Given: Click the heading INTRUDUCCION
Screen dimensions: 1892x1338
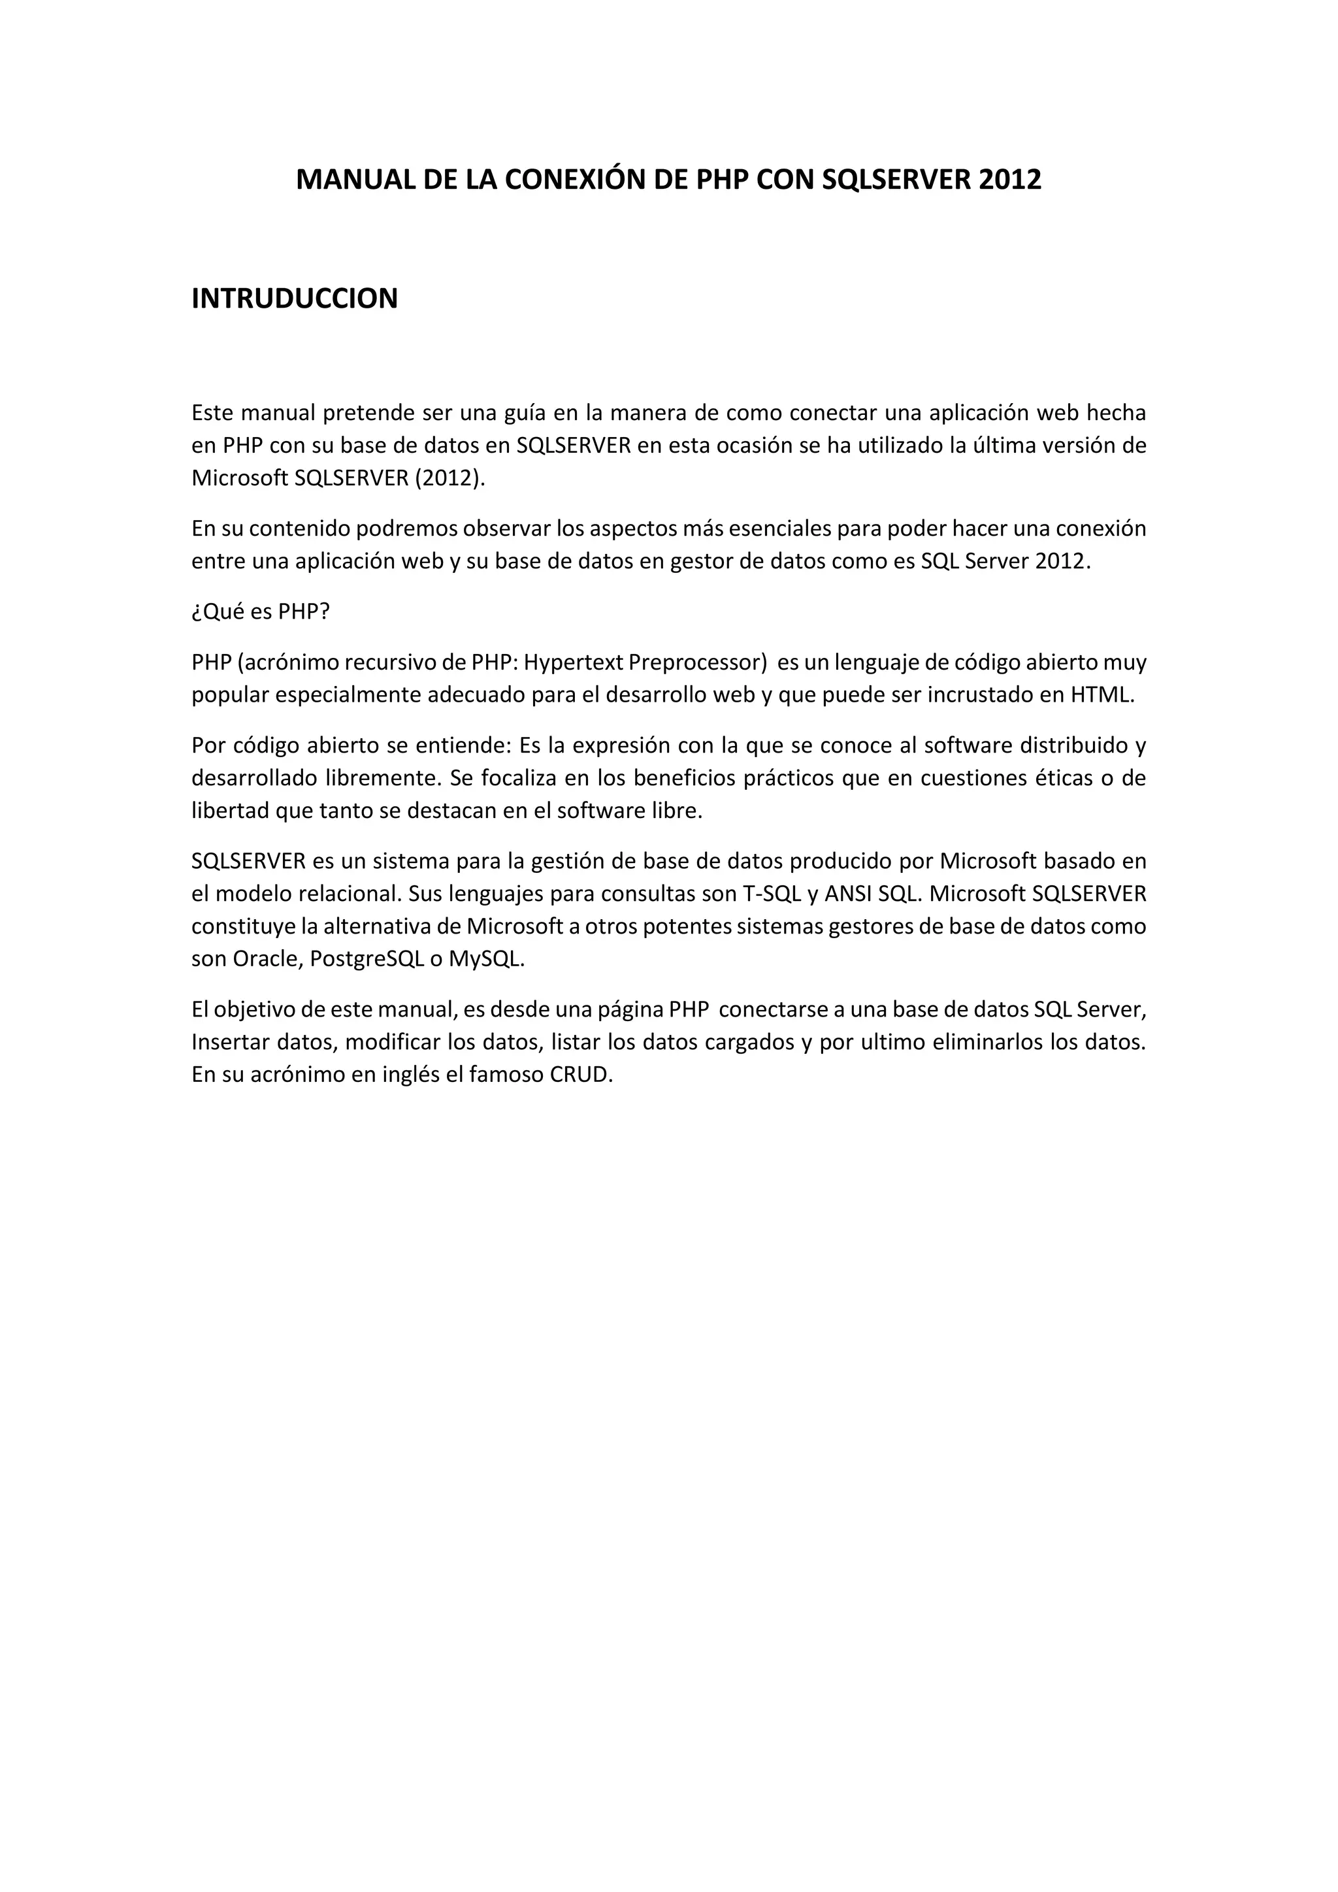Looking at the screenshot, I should point(294,299).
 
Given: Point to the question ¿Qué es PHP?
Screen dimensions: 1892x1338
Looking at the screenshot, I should point(261,612).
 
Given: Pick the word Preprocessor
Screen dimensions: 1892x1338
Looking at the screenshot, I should point(697,662).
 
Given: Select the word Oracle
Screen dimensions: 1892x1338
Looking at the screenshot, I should point(265,959).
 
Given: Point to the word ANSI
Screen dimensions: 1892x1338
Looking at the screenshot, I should point(848,893).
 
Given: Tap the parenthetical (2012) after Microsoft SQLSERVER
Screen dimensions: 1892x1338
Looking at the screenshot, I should point(449,479).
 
